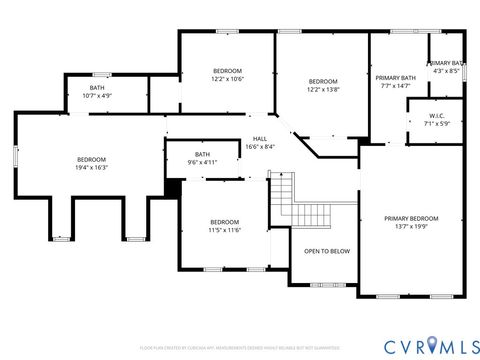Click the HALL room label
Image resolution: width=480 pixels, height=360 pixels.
click(x=260, y=139)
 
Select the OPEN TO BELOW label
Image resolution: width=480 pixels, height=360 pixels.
click(x=326, y=252)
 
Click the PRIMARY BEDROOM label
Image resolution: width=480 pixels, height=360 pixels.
click(x=411, y=218)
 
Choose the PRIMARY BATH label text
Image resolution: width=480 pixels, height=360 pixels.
click(x=395, y=77)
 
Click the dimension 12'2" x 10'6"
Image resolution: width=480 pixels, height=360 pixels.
click(x=227, y=79)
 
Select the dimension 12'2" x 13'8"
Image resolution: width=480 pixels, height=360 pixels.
click(x=323, y=90)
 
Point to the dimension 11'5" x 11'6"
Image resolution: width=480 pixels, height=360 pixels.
click(x=224, y=230)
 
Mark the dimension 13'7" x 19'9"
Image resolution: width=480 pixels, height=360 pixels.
click(x=411, y=227)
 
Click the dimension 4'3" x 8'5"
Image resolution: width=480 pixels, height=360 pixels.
click(x=446, y=71)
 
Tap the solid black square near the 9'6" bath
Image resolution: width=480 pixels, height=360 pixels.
click(x=172, y=187)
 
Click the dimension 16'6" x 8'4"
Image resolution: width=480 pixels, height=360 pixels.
click(x=260, y=147)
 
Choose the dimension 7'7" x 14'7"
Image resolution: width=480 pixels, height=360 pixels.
click(x=395, y=86)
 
